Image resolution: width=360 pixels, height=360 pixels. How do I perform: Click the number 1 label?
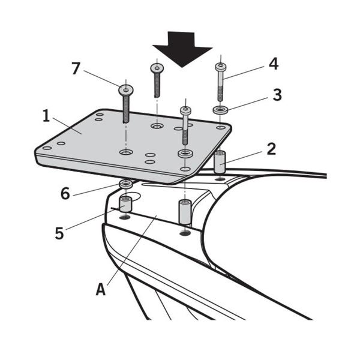[x=46, y=116]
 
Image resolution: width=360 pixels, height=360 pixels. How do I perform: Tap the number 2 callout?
[x=271, y=149]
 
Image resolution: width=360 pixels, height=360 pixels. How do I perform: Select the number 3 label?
[x=277, y=95]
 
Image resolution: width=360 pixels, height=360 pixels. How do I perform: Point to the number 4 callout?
[x=273, y=64]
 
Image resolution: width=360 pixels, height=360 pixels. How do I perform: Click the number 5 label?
[x=59, y=233]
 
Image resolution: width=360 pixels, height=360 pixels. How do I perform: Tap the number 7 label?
[x=76, y=69]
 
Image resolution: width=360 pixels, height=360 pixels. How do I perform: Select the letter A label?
[x=101, y=289]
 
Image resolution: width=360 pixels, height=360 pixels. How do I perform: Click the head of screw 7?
[x=126, y=90]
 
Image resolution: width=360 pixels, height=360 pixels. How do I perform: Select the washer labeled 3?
[x=220, y=110]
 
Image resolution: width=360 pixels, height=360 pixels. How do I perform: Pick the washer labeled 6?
[x=125, y=182]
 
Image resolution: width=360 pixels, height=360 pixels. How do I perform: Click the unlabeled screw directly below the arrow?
[x=156, y=79]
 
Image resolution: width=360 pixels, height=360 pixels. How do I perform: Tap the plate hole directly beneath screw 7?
[x=126, y=153]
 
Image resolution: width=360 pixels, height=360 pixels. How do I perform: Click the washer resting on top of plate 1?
[x=185, y=154]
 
